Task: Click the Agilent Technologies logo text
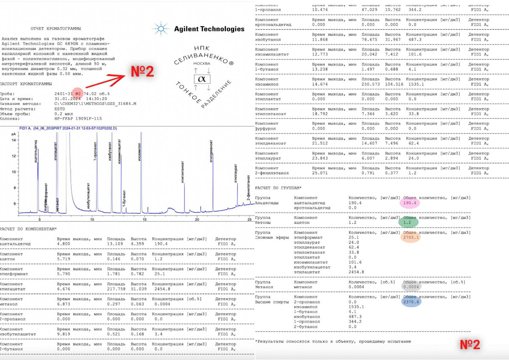pos(209,29)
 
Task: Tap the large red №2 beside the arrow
pos(142,71)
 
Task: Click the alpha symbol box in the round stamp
pos(201,79)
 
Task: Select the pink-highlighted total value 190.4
pos(410,203)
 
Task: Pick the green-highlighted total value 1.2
pos(408,222)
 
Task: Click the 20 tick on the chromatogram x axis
pos(197,219)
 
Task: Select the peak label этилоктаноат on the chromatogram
pos(183,172)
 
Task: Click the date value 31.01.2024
pos(67,99)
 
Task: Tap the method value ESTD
pos(60,109)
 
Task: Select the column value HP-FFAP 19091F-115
pos(78,119)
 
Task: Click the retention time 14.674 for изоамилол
pos(320,84)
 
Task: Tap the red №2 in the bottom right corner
pos(470,345)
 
